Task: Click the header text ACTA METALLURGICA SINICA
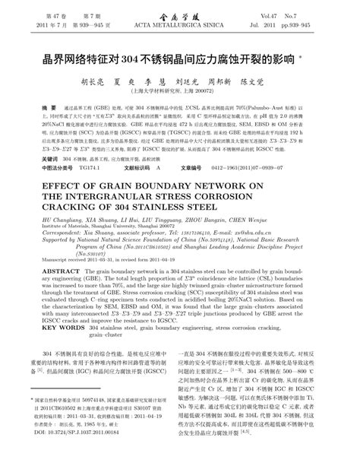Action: click(180, 25)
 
